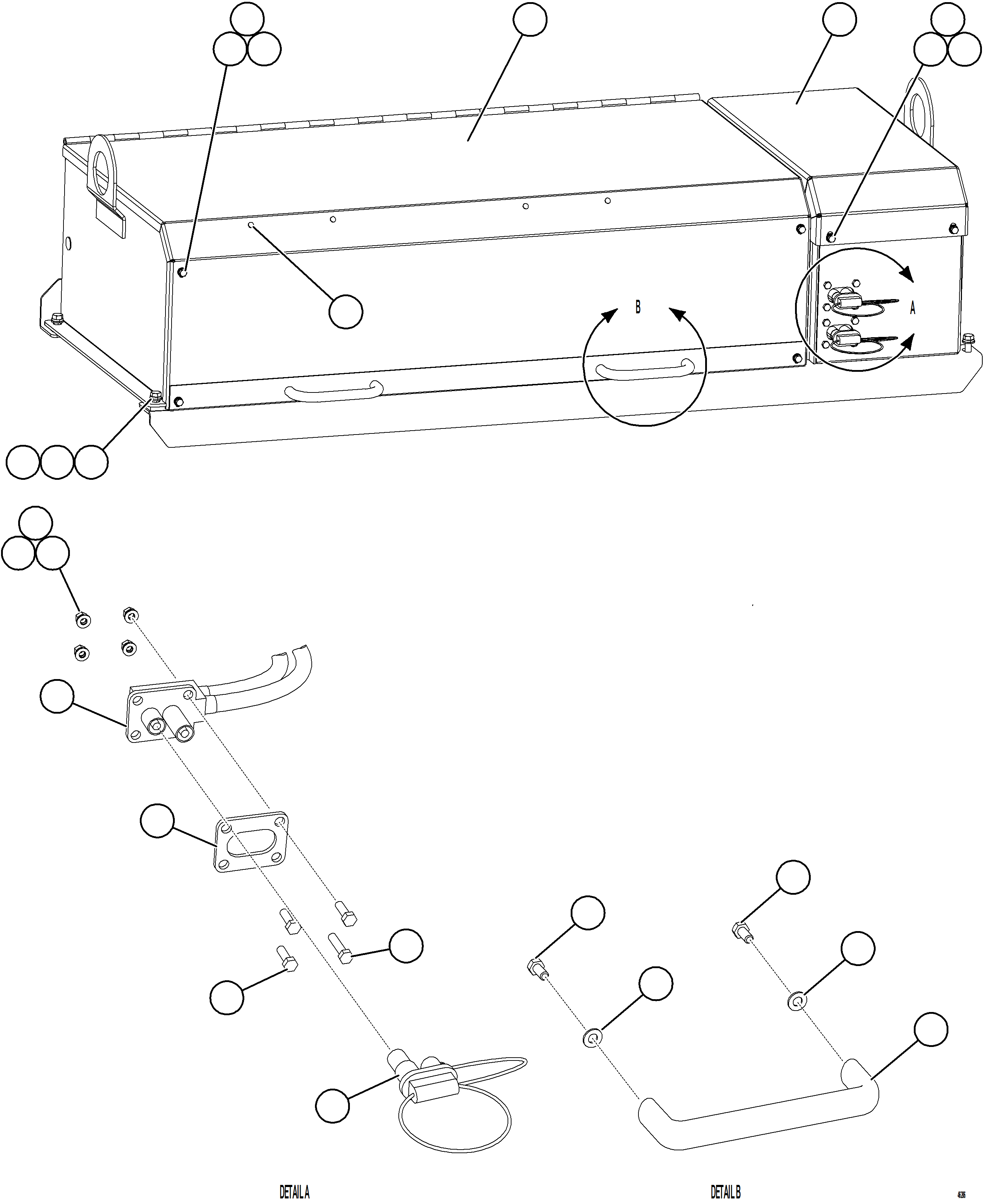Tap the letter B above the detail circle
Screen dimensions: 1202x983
638,307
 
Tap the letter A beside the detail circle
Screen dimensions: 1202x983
912,308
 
